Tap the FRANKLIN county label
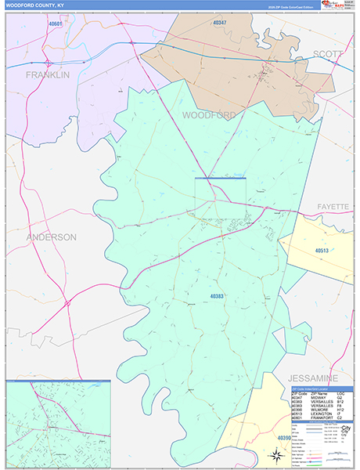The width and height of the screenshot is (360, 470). (47, 74)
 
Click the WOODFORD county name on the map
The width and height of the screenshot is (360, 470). (209, 115)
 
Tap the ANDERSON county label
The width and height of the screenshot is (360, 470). (51, 237)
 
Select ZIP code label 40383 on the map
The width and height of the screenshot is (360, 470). (217, 296)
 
